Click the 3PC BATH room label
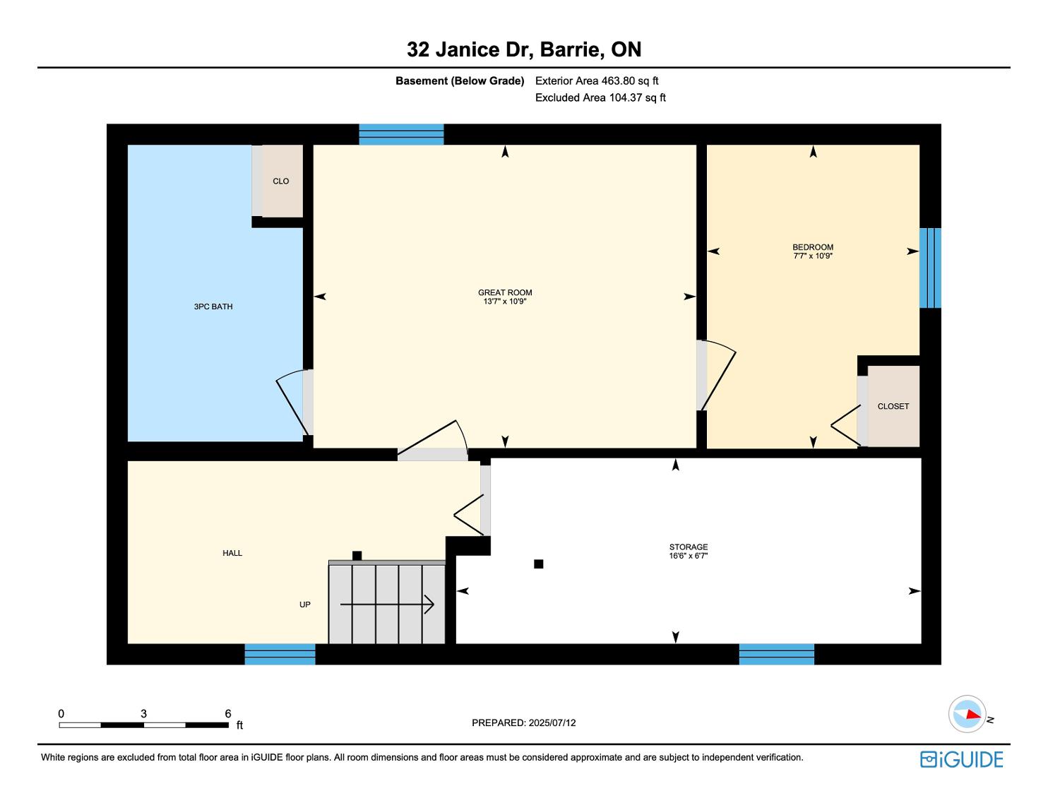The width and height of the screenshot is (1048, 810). click(213, 306)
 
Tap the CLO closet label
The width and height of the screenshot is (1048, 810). click(280, 181)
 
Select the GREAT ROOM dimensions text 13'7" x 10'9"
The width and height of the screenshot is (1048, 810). click(504, 302)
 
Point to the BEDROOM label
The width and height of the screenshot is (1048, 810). click(813, 247)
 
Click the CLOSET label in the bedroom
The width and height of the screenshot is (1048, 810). click(893, 407)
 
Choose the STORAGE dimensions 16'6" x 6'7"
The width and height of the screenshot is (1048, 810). click(689, 556)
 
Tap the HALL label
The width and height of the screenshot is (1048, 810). click(232, 553)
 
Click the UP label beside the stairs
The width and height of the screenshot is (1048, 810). click(305, 604)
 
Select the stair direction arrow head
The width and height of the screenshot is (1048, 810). click(429, 604)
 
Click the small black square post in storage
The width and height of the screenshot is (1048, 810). click(539, 564)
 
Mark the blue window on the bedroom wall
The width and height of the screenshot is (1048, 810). click(930, 268)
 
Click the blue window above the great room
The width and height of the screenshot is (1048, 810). click(401, 134)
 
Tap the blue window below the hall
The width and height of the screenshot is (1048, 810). click(280, 654)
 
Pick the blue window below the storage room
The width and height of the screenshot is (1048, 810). click(777, 654)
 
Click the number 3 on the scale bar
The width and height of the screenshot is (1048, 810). click(144, 713)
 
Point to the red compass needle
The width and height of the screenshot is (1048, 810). click(973, 715)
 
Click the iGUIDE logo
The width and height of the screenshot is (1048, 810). click(962, 760)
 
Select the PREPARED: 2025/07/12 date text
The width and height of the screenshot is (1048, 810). click(524, 722)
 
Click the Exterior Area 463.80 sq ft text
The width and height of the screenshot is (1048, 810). click(597, 81)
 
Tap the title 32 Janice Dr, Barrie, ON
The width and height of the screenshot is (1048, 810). click(524, 49)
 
